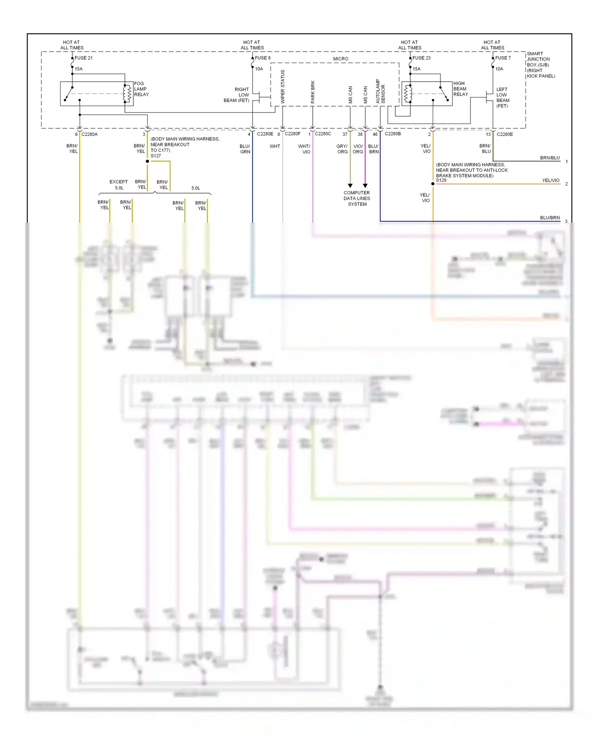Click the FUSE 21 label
point(83,58)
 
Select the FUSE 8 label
point(263,58)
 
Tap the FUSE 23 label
point(421,58)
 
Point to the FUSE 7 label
point(503,58)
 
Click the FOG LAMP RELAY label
point(141,89)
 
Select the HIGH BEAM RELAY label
point(460,89)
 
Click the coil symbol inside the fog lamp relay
point(127,93)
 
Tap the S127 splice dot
point(147,161)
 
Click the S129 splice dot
point(433,184)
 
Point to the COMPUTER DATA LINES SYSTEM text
point(357,198)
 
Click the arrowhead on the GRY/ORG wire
point(350,186)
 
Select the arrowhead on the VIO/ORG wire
point(365,186)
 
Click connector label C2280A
point(89,134)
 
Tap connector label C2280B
point(393,134)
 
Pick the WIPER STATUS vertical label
point(283,87)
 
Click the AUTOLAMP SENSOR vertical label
point(380,91)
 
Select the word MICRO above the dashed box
point(340,59)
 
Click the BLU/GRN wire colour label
point(245,149)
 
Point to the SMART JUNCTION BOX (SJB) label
point(540,65)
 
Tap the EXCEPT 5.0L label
point(119,185)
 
